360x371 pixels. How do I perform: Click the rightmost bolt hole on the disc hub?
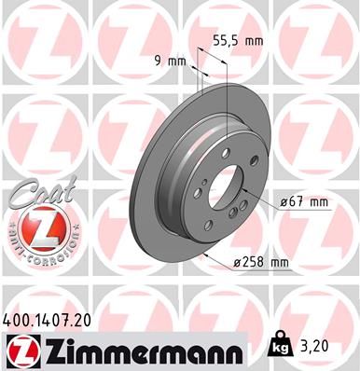click(x=244, y=189)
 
